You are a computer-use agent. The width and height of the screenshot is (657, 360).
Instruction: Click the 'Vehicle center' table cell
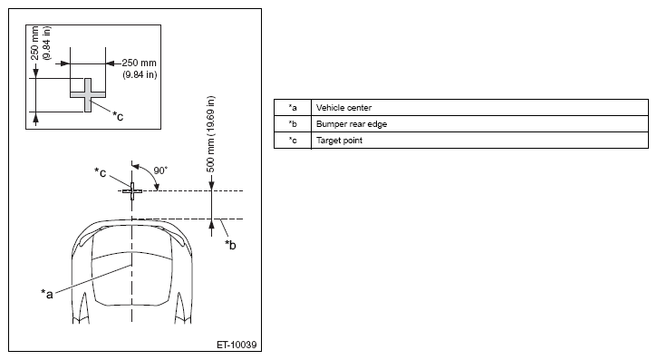479,108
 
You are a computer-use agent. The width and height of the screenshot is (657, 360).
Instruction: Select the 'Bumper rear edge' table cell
479,124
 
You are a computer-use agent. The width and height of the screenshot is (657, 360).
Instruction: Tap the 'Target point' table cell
479,141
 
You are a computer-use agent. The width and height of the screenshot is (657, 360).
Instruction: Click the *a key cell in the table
293,108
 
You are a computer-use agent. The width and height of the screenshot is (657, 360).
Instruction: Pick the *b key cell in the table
293,124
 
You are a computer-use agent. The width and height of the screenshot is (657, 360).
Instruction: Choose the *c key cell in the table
293,141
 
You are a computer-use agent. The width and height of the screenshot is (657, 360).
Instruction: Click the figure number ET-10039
237,345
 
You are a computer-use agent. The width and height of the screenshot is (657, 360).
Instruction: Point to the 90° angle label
160,170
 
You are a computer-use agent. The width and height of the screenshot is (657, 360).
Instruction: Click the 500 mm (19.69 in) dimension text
211,134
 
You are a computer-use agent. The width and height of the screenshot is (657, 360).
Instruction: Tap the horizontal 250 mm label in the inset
140,63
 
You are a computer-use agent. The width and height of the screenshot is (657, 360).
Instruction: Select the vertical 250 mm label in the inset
35,44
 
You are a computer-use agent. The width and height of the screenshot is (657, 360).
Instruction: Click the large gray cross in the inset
88,94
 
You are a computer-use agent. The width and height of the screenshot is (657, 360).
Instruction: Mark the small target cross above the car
132,191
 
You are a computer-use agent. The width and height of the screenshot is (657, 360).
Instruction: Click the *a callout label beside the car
47,294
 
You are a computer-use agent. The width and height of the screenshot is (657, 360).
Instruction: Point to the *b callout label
230,244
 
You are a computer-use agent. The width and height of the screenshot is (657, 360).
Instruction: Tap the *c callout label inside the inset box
118,116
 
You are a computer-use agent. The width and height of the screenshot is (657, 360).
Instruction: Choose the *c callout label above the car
101,171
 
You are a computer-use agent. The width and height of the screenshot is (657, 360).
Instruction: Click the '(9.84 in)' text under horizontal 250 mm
140,74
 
